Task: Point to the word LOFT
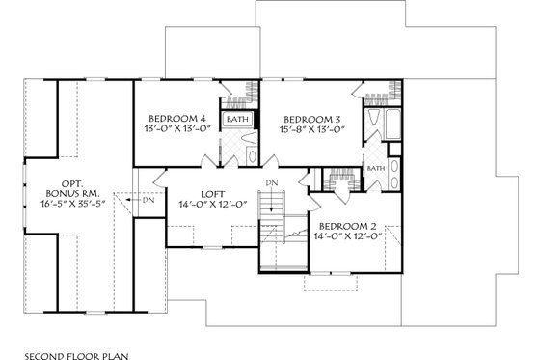coord(213,192)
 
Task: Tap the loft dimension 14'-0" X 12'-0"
coord(214,205)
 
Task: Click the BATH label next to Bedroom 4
coord(237,120)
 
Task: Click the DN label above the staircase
coord(272,182)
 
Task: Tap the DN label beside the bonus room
coord(148,201)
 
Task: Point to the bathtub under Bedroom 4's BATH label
coord(237,126)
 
